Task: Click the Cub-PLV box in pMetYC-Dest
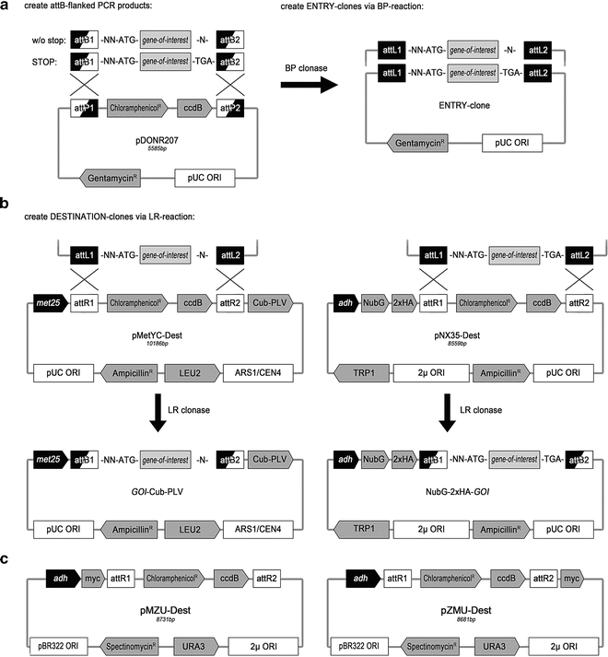click(268, 300)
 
